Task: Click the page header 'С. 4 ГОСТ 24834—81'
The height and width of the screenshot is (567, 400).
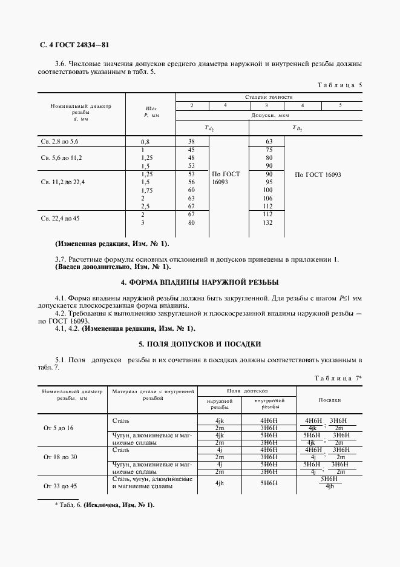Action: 74,45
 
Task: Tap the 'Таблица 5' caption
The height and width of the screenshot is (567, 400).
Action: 339,85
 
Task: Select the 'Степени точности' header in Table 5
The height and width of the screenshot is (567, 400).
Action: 269,97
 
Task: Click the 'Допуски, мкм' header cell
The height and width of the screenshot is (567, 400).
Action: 269,114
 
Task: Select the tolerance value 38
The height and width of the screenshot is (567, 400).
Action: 191,141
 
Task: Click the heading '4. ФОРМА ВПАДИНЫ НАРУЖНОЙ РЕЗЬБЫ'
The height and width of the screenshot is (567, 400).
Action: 200,283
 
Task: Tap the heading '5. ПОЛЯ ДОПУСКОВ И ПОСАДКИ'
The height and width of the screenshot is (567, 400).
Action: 200,344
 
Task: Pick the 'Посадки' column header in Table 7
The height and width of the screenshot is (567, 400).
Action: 330,400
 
